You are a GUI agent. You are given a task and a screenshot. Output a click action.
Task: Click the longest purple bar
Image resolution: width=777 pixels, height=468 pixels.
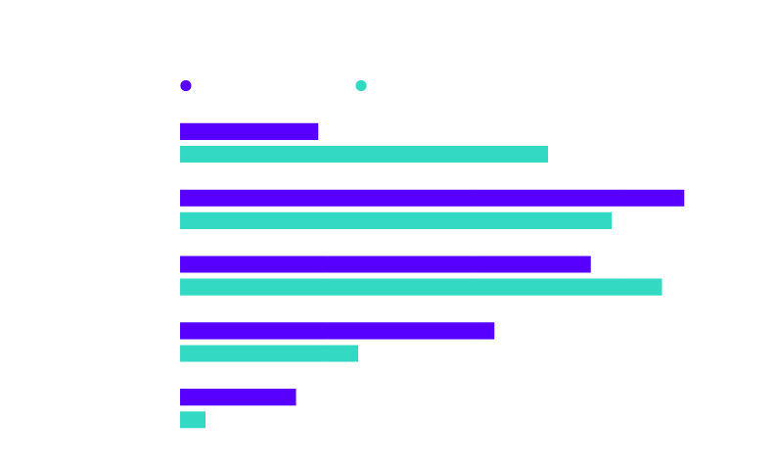[432, 198]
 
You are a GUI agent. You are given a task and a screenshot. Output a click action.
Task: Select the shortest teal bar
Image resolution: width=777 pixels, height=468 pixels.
[193, 420]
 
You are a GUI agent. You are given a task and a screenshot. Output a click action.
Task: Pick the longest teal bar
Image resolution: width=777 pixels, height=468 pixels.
[421, 287]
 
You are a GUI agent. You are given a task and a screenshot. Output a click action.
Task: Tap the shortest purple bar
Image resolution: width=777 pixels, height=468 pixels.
[238, 398]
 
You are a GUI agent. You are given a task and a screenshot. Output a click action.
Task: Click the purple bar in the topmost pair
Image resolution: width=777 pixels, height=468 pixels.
[250, 131]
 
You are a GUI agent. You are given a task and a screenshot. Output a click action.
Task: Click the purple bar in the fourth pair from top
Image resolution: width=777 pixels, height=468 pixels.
[338, 331]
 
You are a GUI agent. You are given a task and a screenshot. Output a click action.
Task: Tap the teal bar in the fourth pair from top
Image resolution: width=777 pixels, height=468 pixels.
[269, 353]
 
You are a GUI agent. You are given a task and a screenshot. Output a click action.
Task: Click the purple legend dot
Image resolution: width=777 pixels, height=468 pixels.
[186, 85]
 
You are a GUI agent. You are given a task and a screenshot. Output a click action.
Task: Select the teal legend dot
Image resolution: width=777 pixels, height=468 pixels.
[361, 85]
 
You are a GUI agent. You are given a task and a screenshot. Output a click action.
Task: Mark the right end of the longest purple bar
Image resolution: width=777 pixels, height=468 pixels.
[684, 198]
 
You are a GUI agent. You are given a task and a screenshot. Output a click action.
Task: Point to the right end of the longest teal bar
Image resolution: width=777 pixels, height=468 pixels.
[662, 287]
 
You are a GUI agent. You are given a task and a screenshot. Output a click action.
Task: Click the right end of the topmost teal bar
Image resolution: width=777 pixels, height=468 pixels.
[547, 154]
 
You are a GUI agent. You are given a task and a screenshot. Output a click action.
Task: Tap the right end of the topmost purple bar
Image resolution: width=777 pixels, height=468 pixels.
[318, 131]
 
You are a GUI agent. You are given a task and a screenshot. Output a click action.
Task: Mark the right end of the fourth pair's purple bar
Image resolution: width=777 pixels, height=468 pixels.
[494, 331]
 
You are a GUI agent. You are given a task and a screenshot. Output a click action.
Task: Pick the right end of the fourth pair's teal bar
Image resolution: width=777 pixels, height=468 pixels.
[357, 353]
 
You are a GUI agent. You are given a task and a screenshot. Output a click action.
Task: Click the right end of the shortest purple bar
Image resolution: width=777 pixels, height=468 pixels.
[296, 398]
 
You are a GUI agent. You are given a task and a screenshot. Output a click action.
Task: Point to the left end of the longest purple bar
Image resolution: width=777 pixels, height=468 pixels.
[181, 198]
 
